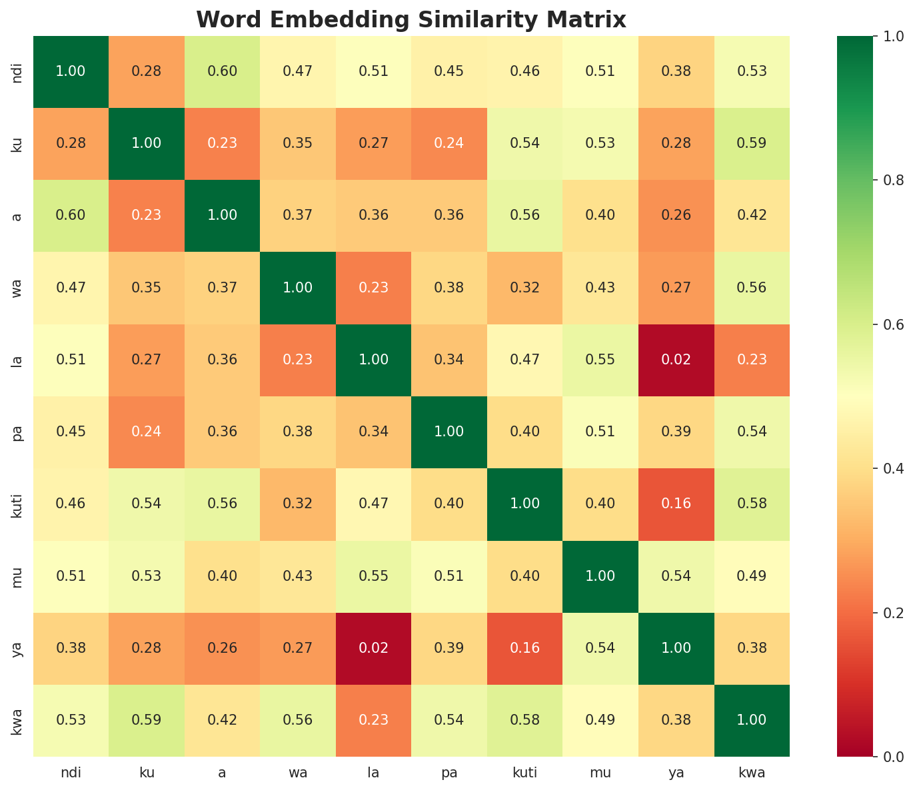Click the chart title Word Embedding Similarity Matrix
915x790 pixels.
point(411,20)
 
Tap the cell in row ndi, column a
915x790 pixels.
point(222,71)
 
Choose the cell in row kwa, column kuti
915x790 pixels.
point(525,720)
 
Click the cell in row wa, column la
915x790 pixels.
point(374,288)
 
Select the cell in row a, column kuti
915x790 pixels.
point(525,215)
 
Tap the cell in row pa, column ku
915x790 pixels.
point(147,432)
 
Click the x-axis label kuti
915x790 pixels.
point(525,773)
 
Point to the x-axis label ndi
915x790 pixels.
point(71,773)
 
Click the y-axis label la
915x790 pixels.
point(18,360)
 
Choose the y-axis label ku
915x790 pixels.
point(18,143)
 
